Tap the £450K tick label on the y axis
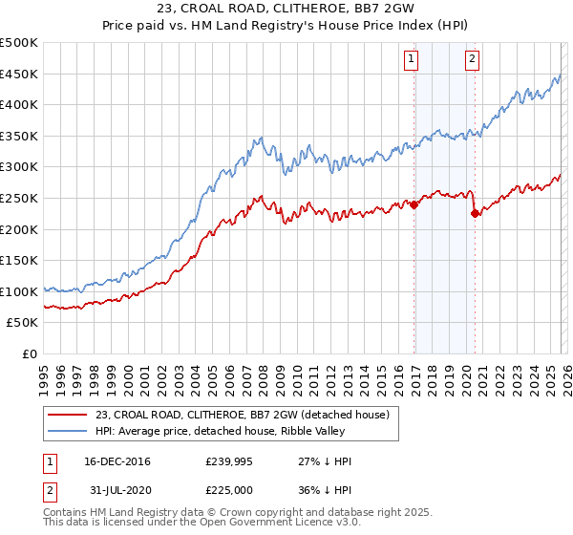click(20, 74)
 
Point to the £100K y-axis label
click(20, 291)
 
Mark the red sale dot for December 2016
click(414, 204)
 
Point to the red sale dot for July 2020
click(475, 214)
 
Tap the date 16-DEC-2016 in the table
click(117, 461)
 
